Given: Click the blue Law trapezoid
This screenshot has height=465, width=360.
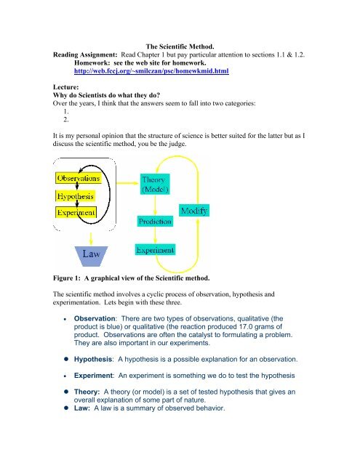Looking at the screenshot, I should (86, 255).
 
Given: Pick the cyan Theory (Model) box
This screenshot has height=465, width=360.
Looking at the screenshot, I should (156, 184).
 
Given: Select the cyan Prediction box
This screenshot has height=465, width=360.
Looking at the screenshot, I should (156, 219).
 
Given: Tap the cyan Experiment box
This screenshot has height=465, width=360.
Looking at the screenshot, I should (155, 250).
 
